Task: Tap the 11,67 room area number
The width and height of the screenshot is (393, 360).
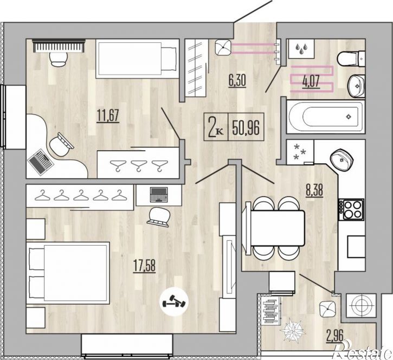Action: coord(108,116)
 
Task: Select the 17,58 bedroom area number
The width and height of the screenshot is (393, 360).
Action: coord(144,266)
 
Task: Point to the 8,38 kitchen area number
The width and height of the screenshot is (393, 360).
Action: coord(314,190)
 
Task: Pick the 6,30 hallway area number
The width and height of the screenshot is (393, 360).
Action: coord(237,81)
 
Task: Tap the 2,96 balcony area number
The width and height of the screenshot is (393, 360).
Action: coord(334,336)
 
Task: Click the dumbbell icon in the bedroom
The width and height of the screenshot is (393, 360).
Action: coord(173,301)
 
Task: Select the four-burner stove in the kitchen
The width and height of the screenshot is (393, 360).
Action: coord(351,209)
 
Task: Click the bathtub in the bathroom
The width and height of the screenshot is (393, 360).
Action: coord(326,117)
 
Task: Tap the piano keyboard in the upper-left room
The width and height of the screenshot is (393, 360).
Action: coord(59,46)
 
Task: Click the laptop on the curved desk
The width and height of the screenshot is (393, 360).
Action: coord(40,162)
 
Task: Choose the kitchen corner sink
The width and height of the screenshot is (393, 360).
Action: coord(341,160)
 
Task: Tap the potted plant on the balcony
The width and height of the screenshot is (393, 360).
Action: coord(293,329)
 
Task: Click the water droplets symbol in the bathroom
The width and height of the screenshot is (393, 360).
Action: coord(301,48)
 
